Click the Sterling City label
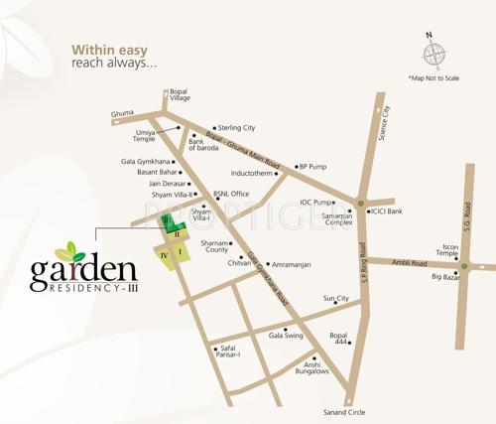tap(236, 128)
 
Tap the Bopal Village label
tap(179, 95)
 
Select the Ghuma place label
tap(122, 113)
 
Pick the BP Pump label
tap(312, 167)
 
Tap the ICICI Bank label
tap(386, 212)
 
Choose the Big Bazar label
tap(448, 277)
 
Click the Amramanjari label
tap(293, 265)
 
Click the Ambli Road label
tap(408, 263)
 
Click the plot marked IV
tap(162, 255)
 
